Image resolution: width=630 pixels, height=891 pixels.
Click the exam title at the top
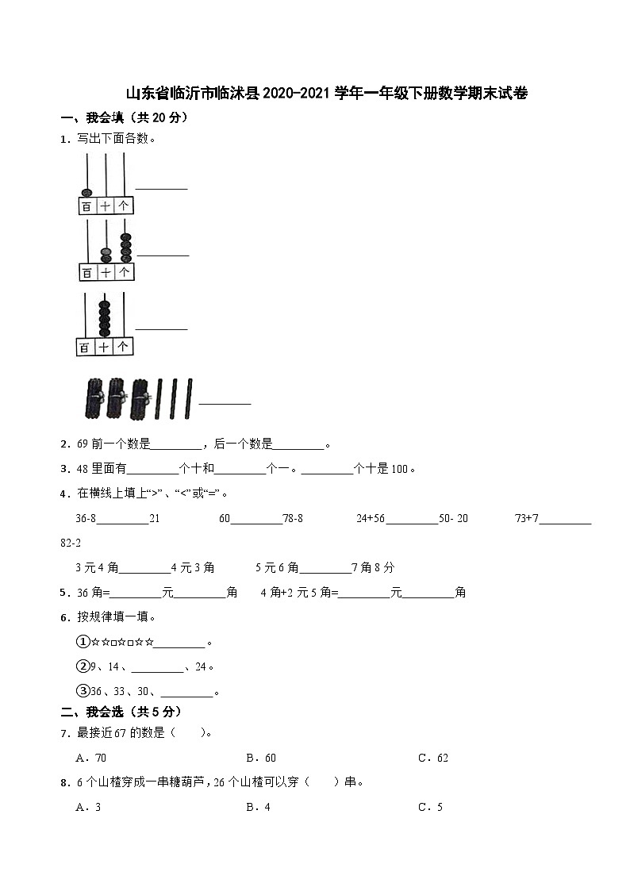[327, 94]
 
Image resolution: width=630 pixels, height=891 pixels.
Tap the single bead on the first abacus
[86, 192]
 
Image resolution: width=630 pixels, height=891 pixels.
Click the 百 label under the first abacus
[86, 206]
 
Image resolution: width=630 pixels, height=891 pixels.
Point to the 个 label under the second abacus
[125, 272]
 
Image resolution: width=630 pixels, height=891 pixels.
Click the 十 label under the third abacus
[105, 348]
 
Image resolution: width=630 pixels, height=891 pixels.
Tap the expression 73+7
[527, 518]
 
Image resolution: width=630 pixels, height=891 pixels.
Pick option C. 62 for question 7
[433, 758]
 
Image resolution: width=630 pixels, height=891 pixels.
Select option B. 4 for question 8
[259, 807]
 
